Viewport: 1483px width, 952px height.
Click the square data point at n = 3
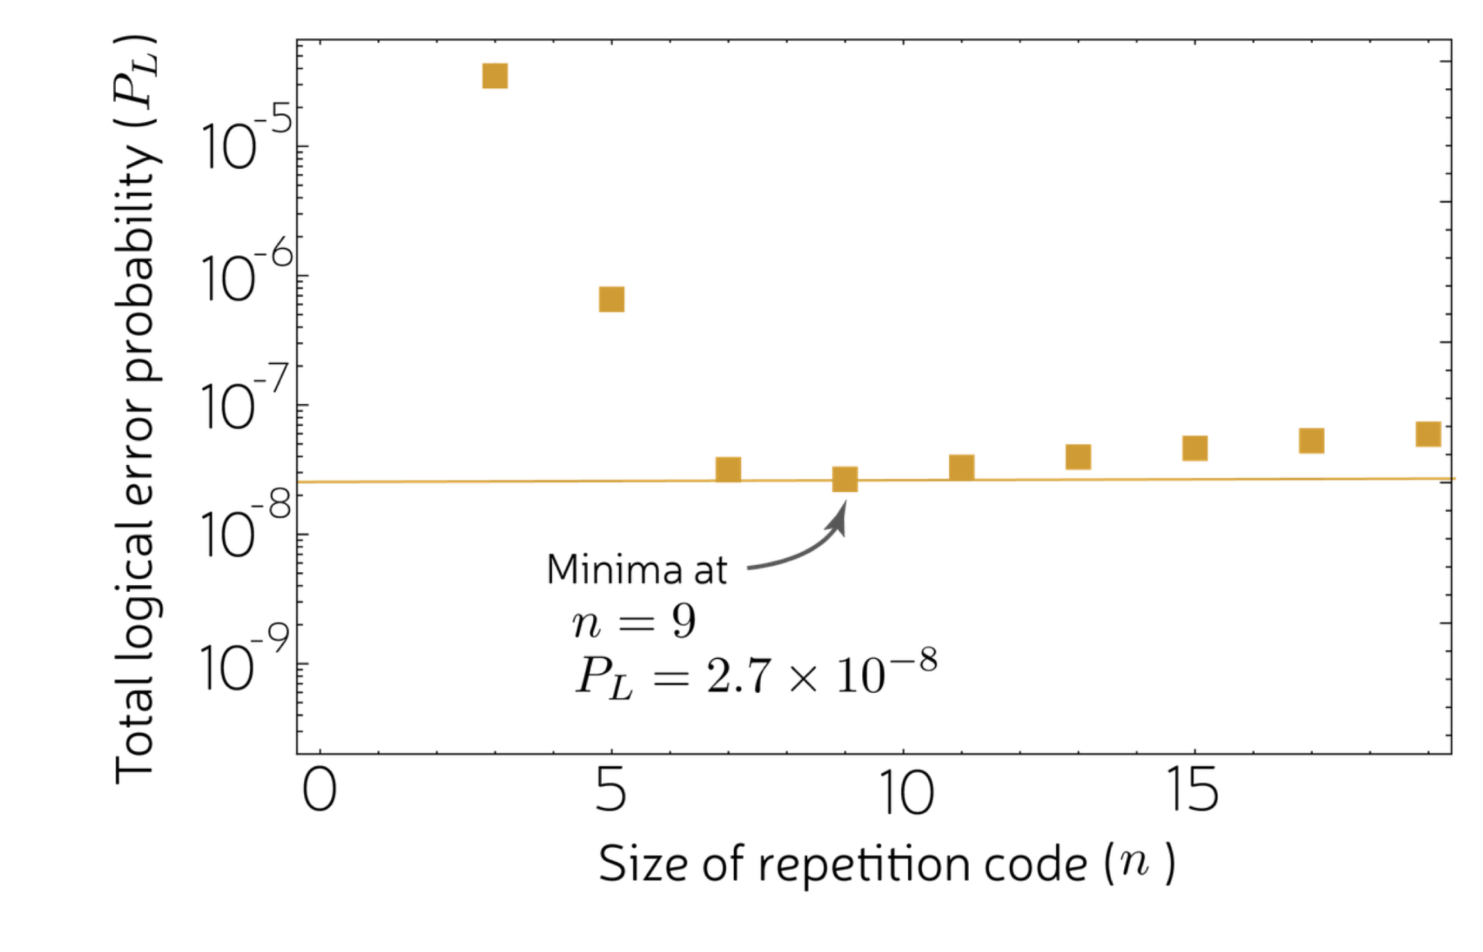495,76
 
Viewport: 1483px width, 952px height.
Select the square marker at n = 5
611,299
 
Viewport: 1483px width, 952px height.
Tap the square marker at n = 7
728,469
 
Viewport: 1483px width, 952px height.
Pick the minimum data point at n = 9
845,479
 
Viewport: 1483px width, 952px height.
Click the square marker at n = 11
961,467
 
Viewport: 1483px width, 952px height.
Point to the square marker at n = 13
1078,456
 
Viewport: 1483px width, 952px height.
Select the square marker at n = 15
1195,448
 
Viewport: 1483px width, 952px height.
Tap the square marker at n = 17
1311,440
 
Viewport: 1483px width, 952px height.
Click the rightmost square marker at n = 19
1428,434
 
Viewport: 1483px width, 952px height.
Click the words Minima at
636,570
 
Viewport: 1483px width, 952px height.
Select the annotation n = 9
633,623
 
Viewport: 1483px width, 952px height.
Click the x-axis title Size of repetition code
841,864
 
